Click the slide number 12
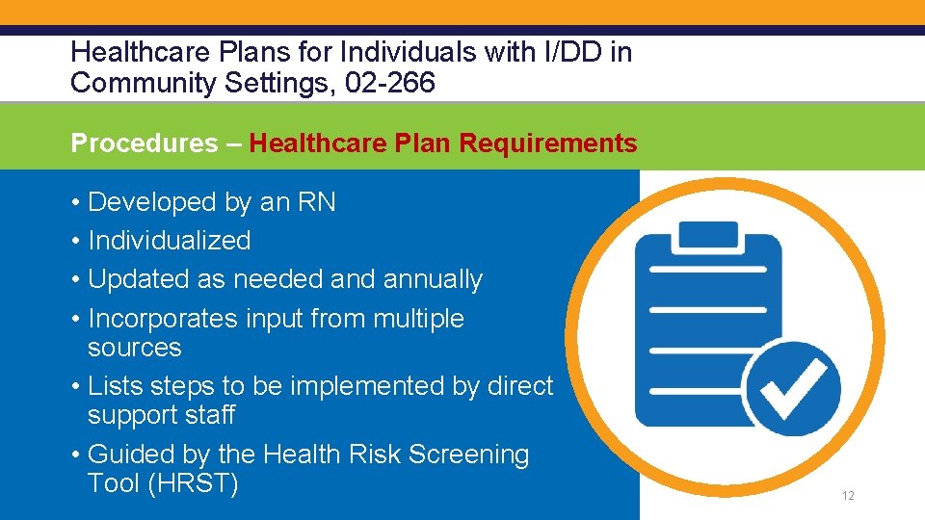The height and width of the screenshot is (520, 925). [x=848, y=496]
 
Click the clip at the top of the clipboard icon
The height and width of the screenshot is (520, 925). [x=709, y=235]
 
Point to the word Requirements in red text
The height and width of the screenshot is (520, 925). [x=547, y=144]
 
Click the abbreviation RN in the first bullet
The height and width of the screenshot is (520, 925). [x=317, y=202]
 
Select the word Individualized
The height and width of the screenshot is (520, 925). [x=169, y=241]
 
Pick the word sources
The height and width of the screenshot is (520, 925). [x=134, y=348]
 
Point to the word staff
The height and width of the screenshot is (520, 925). [x=209, y=416]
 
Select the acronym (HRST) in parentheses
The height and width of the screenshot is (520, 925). [x=192, y=483]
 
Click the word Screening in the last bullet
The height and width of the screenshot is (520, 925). [x=469, y=455]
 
